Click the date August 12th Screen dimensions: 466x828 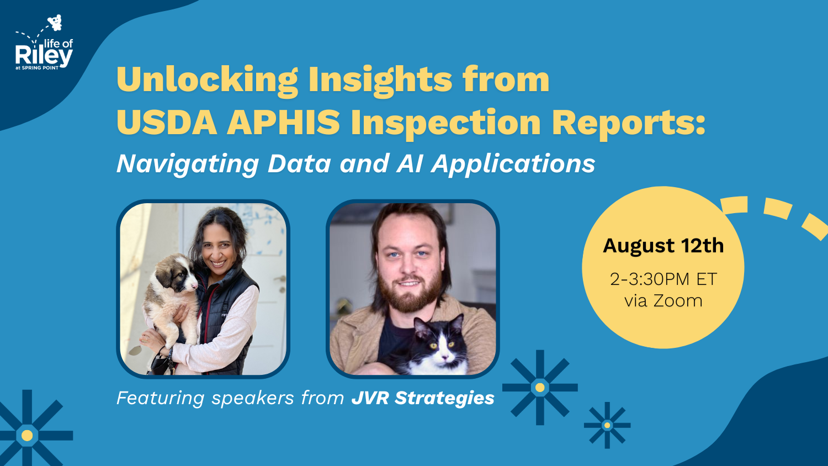[x=663, y=246]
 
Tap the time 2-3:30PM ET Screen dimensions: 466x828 [x=663, y=279]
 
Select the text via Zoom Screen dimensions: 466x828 [x=663, y=301]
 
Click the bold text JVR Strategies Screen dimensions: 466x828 [x=423, y=398]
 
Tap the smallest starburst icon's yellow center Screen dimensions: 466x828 [x=607, y=425]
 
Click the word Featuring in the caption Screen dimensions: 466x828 [x=161, y=398]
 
